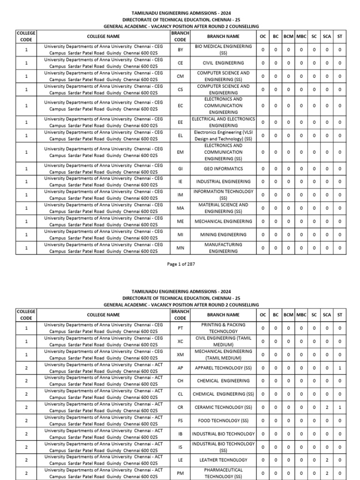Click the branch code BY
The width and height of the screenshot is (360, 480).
point(180,50)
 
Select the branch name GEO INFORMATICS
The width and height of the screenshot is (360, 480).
point(223,168)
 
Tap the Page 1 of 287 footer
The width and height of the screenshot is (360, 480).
point(180,264)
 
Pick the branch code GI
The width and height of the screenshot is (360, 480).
point(180,168)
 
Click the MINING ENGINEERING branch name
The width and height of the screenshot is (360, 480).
point(223,234)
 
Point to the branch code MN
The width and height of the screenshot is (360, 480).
point(180,247)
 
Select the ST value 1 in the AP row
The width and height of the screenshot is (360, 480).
point(339,368)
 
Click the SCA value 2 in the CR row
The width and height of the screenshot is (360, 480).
point(327,407)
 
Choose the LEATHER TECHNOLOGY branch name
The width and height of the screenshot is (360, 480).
point(223,460)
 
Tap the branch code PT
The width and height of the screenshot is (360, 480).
point(180,328)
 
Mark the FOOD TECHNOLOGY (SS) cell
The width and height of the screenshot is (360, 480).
point(223,420)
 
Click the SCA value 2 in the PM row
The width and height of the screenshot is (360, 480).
point(327,473)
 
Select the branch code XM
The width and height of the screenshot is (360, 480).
point(180,354)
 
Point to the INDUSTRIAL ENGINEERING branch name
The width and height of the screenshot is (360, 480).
point(223,181)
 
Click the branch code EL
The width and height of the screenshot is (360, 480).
point(180,135)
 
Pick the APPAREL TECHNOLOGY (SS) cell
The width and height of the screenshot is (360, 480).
point(223,368)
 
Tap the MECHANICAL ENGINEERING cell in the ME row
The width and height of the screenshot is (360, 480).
point(223,221)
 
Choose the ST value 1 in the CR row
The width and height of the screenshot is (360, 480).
point(339,407)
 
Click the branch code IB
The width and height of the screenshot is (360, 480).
point(180,434)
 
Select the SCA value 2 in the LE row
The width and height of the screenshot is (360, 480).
point(327,460)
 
